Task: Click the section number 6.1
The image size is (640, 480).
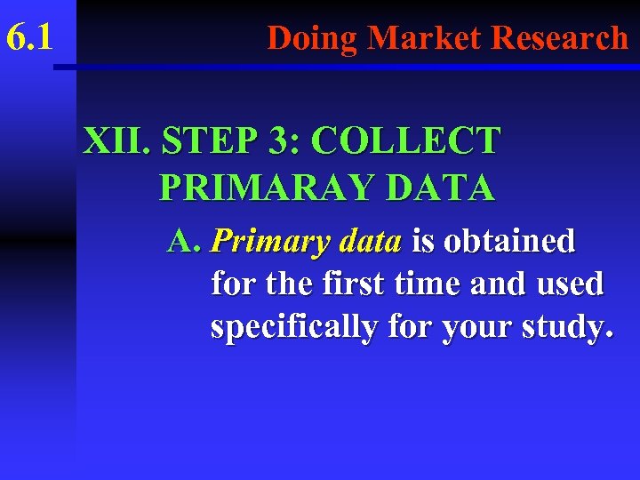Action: pos(29,37)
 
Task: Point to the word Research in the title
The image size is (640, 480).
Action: pos(560,38)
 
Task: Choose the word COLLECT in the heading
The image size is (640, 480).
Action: pos(407,141)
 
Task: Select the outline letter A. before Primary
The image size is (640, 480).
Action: pos(186,240)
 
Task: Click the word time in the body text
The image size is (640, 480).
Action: pos(422,284)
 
